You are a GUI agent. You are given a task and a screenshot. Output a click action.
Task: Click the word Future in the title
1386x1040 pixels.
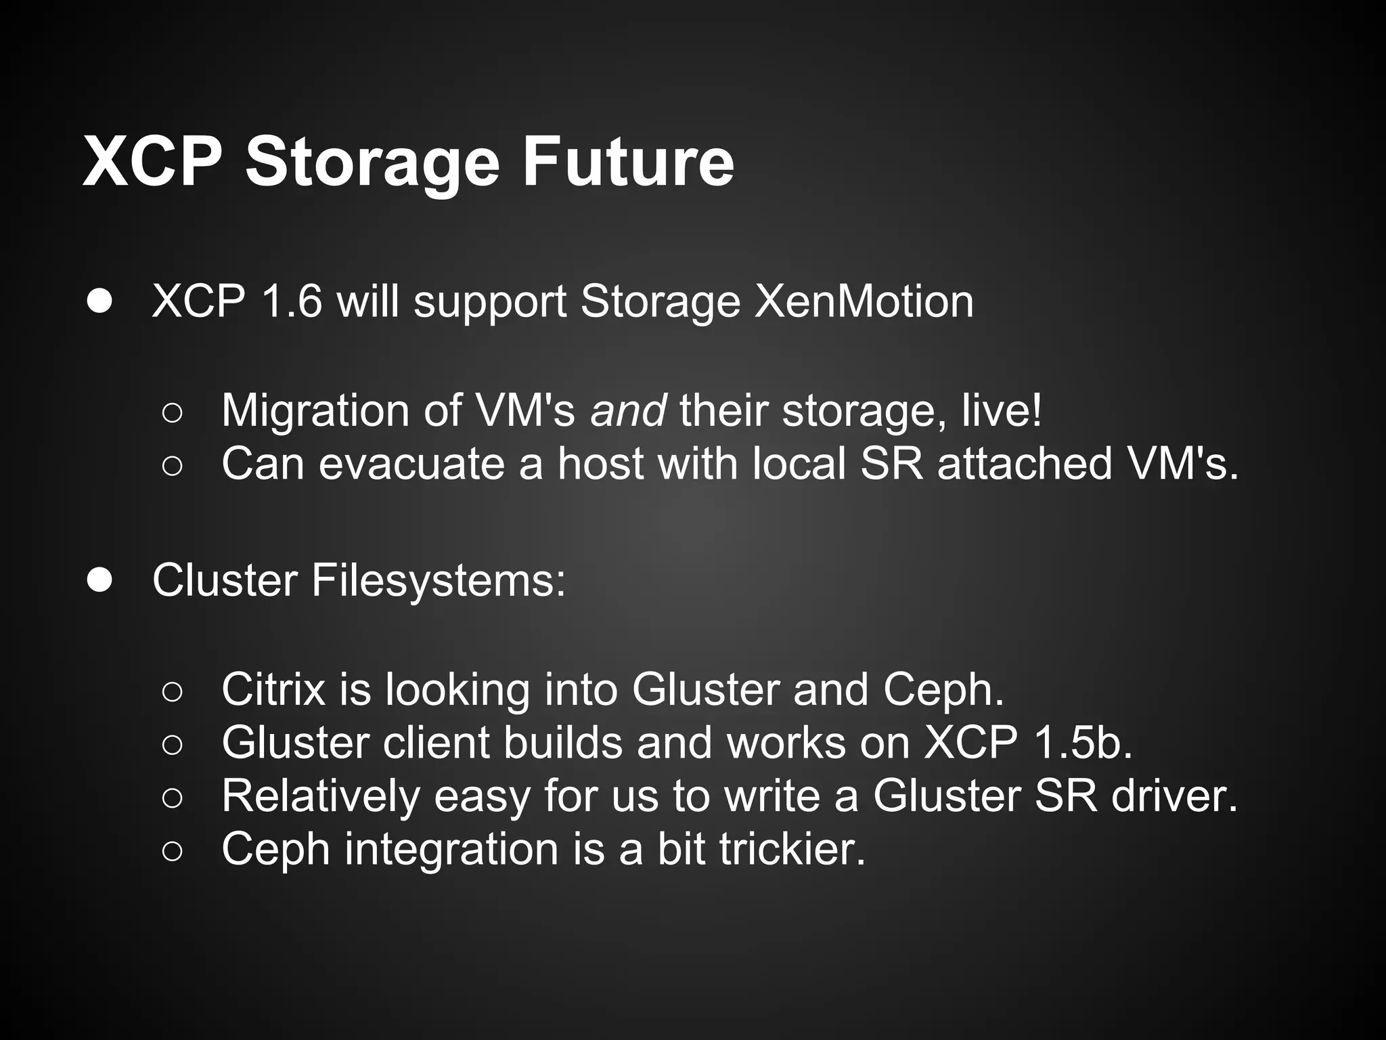pyautogui.click(x=627, y=162)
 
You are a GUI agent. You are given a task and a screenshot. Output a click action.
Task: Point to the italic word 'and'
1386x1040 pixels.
pyautogui.click(x=628, y=411)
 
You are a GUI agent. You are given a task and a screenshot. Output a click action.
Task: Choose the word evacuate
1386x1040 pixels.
pyautogui.click(x=411, y=464)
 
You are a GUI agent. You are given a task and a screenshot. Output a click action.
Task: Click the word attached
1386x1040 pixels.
pyautogui.click(x=1025, y=464)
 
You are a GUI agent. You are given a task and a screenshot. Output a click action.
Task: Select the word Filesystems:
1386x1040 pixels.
pyautogui.click(x=438, y=582)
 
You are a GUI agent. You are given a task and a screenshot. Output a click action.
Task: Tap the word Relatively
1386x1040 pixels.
pyautogui.click(x=321, y=796)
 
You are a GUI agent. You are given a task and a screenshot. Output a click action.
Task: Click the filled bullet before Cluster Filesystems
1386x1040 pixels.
pyautogui.click(x=99, y=580)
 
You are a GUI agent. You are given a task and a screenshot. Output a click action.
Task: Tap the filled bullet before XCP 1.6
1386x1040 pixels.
pyautogui.click(x=99, y=301)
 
